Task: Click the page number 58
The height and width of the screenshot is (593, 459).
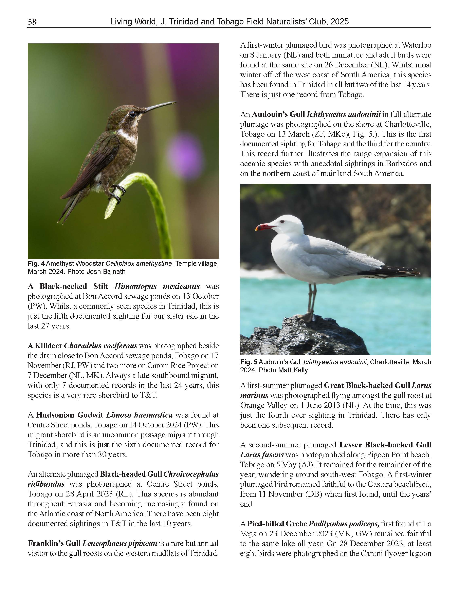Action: coord(32,22)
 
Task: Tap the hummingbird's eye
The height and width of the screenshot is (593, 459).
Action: coord(132,114)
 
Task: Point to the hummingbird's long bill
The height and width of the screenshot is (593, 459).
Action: coord(160,106)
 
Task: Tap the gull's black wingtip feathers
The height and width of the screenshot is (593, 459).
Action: coord(391,272)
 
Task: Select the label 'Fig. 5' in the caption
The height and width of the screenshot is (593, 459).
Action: coord(249,362)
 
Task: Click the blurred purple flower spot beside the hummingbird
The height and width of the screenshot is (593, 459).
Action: coord(182,154)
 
